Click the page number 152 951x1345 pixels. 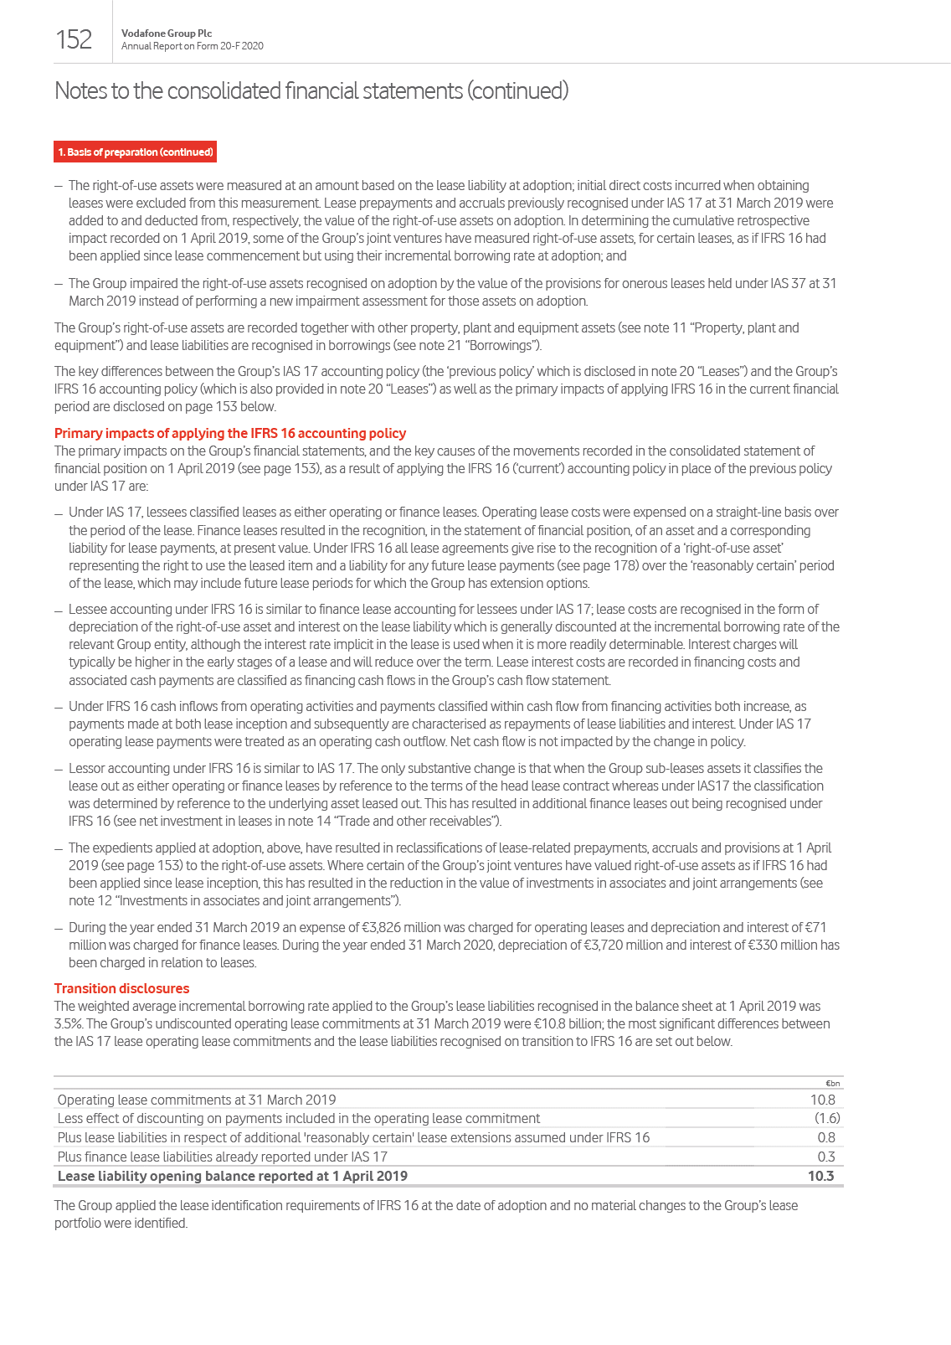(x=74, y=39)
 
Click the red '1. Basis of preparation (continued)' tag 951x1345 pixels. (x=136, y=152)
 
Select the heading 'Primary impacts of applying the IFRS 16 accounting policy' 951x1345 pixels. (x=230, y=433)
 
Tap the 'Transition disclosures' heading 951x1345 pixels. (x=121, y=988)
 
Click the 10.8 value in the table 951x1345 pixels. (x=822, y=1100)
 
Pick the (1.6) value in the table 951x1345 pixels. (x=826, y=1118)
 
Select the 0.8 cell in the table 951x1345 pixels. (x=825, y=1137)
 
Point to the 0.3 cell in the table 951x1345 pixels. (x=825, y=1157)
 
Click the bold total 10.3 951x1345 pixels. (x=820, y=1176)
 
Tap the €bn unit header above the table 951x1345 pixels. (x=832, y=1083)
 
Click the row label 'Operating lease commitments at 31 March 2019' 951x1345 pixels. (x=197, y=1100)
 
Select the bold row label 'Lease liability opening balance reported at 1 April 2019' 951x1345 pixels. (x=233, y=1176)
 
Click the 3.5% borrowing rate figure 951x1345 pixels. (x=69, y=1023)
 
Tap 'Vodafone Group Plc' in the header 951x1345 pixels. (x=167, y=33)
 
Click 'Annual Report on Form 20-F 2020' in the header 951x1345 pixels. (x=193, y=46)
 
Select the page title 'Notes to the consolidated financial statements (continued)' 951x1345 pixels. (x=311, y=90)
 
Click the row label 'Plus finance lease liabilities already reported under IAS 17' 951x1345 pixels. (x=223, y=1157)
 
